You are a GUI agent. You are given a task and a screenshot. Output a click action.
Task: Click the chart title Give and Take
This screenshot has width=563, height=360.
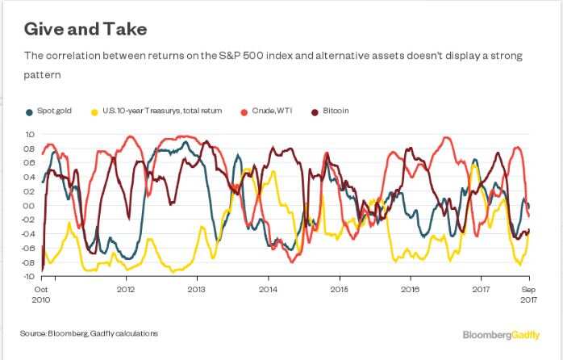click(x=83, y=29)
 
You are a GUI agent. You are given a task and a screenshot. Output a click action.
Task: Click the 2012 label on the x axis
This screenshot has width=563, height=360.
click(x=125, y=287)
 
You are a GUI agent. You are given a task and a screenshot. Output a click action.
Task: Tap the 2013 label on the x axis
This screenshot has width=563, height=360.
click(x=196, y=287)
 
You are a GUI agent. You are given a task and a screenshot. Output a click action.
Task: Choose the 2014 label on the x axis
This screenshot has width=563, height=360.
click(x=268, y=287)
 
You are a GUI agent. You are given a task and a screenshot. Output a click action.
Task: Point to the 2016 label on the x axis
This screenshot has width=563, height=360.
click(x=410, y=287)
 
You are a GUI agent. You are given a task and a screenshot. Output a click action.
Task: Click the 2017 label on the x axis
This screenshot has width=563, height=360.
click(x=481, y=287)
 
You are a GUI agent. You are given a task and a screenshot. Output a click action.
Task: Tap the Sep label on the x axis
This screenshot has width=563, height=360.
click(x=529, y=287)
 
